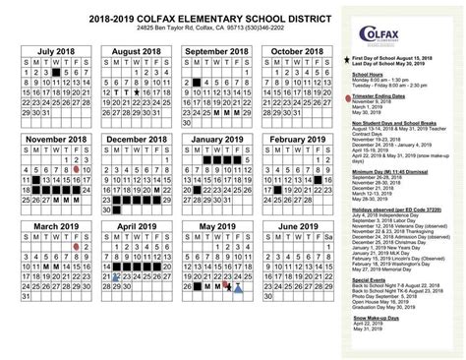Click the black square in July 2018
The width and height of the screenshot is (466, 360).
[57, 72]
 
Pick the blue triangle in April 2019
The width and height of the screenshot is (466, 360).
[115, 279]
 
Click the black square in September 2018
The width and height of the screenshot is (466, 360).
[200, 82]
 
